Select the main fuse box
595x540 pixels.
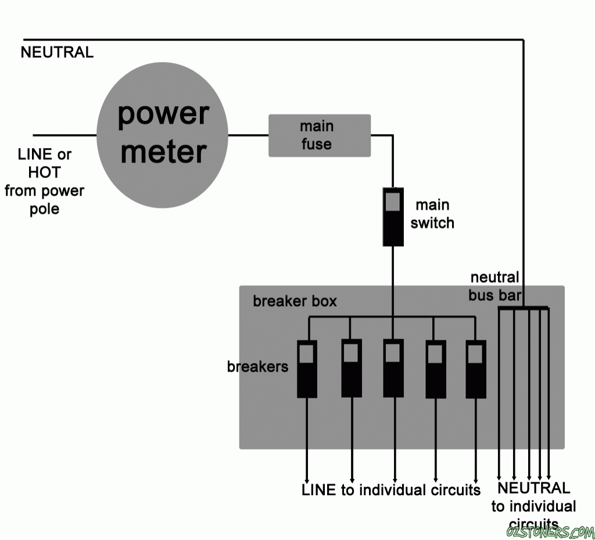pyautogui.click(x=319, y=135)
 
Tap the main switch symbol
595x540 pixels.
pyautogui.click(x=393, y=216)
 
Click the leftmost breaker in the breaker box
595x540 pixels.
pyautogui.click(x=307, y=368)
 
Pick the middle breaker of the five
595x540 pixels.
pyautogui.click(x=393, y=368)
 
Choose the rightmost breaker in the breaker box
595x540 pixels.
pyautogui.click(x=476, y=368)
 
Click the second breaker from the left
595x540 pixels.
pyautogui.click(x=351, y=368)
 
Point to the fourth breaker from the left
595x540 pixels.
pyautogui.click(x=436, y=368)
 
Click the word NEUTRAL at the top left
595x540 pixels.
pyautogui.click(x=57, y=52)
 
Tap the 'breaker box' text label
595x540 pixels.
pyautogui.click(x=295, y=302)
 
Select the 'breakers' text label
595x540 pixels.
pyautogui.click(x=257, y=366)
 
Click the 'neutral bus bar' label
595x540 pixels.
pyautogui.click(x=494, y=286)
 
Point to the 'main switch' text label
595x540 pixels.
pyautogui.click(x=432, y=214)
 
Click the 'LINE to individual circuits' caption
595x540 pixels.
pyautogui.click(x=391, y=490)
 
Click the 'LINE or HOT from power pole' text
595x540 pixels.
pyautogui.click(x=44, y=181)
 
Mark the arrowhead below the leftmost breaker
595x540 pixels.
pyautogui.click(x=307, y=477)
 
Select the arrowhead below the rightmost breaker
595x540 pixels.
pyautogui.click(x=476, y=477)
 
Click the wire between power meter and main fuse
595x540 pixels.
pyautogui.click(x=248, y=135)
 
